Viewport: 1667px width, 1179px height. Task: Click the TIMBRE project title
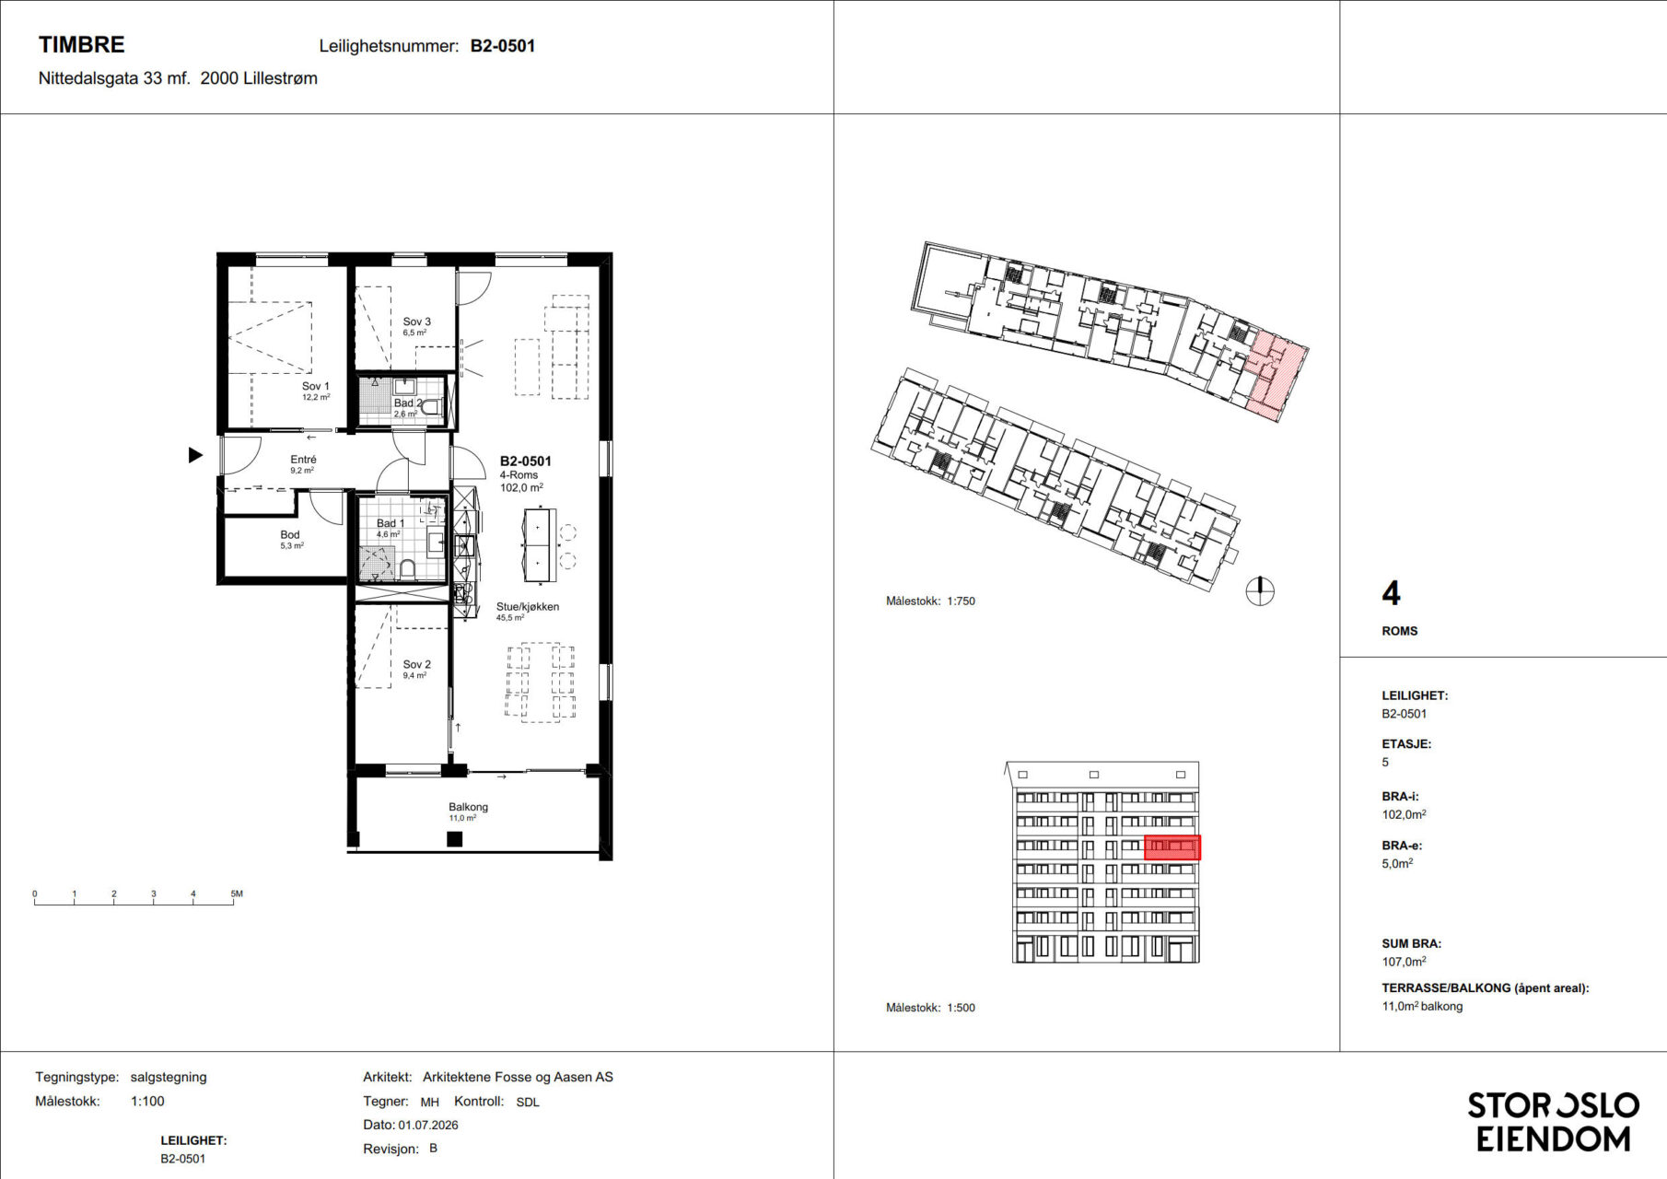pyautogui.click(x=81, y=44)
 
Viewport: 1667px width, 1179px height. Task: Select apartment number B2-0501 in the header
pyautogui.click(x=503, y=46)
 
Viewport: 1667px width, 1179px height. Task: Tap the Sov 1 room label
pyautogui.click(x=315, y=387)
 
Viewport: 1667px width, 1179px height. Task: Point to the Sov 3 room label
pyautogui.click(x=416, y=321)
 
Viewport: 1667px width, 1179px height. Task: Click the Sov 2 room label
pyautogui.click(x=416, y=664)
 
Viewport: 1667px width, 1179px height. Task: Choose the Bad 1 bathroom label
pyautogui.click(x=390, y=523)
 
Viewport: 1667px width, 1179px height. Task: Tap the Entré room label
pyautogui.click(x=303, y=459)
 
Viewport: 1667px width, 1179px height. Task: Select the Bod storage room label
pyautogui.click(x=290, y=534)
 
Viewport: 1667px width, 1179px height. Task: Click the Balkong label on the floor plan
pyautogui.click(x=468, y=807)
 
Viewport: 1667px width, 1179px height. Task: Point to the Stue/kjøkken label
pyautogui.click(x=528, y=606)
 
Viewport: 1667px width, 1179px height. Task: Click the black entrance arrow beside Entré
pyautogui.click(x=195, y=455)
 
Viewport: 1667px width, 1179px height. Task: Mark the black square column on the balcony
pyautogui.click(x=454, y=839)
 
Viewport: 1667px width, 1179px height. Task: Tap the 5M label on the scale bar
pyautogui.click(x=237, y=893)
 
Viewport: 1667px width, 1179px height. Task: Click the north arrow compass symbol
pyautogui.click(x=1260, y=590)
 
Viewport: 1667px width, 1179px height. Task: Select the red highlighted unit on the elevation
pyautogui.click(x=1172, y=847)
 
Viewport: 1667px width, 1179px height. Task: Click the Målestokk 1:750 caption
pyautogui.click(x=930, y=601)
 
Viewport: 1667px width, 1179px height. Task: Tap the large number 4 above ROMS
pyautogui.click(x=1391, y=593)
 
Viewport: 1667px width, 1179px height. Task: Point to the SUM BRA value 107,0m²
pyautogui.click(x=1404, y=962)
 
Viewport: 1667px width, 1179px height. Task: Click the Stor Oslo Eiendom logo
pyautogui.click(x=1553, y=1122)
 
